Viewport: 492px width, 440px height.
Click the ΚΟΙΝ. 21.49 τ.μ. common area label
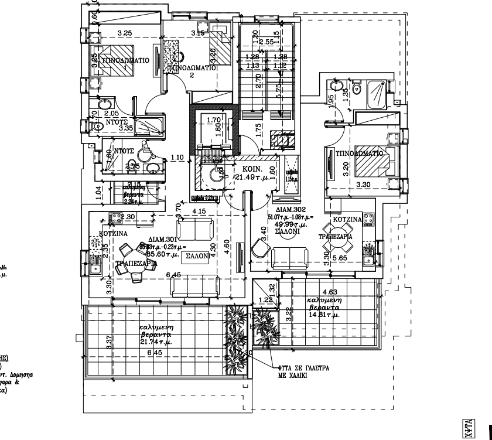pyautogui.click(x=253, y=173)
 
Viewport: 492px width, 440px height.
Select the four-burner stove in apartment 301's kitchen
pyautogui.click(x=114, y=217)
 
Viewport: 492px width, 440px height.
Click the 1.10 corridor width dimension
pyautogui.click(x=177, y=158)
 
